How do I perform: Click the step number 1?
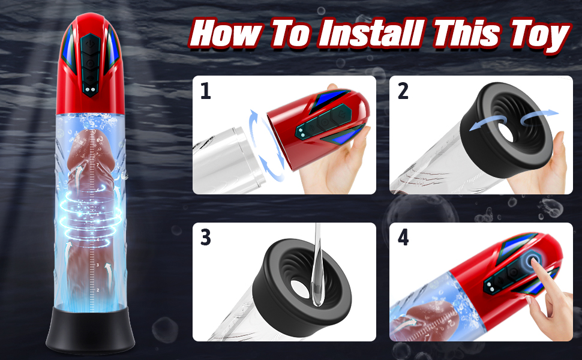click(x=205, y=91)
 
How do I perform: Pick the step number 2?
click(x=403, y=91)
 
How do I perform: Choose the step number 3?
click(x=206, y=238)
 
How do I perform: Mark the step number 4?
click(x=403, y=238)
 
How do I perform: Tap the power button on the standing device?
click(x=89, y=44)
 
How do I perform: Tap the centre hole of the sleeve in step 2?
click(x=506, y=133)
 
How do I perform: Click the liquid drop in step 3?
click(x=317, y=293)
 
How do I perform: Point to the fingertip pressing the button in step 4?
click(x=533, y=261)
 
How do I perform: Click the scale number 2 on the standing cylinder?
click(x=98, y=290)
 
